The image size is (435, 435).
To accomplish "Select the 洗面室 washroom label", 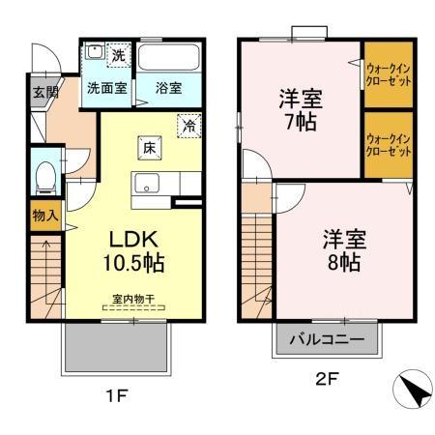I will tap(106, 87).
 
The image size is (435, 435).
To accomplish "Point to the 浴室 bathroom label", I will tap(169, 87).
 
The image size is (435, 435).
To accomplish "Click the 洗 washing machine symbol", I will tap(118, 55).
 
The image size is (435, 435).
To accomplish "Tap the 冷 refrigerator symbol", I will tap(189, 125).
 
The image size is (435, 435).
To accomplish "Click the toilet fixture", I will tap(43, 177).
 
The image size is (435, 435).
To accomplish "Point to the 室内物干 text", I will tap(132, 301).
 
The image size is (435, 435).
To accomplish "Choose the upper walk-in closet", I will tap(389, 74).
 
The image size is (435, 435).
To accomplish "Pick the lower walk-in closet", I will tap(389, 145).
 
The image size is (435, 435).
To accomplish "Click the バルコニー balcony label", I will tap(326, 340).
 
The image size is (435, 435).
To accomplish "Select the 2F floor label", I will tap(324, 380).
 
